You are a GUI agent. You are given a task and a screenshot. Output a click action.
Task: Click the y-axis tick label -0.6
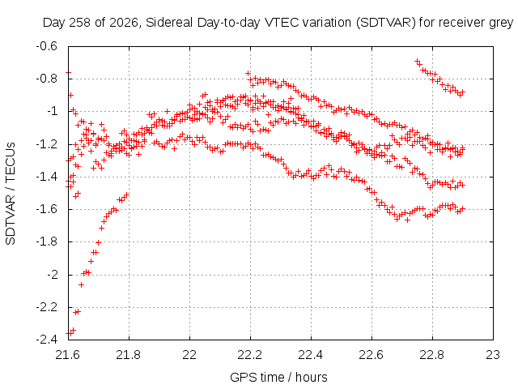47,46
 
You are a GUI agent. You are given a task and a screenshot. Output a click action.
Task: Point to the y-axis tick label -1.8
47,242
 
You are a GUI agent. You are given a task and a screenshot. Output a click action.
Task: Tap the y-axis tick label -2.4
47,340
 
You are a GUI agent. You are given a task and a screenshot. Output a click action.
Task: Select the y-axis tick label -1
52,111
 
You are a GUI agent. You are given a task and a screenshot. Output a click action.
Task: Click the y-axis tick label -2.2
47,307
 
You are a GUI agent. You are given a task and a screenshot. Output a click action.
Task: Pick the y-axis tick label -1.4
47,177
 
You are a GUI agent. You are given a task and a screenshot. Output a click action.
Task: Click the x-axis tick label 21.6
68,355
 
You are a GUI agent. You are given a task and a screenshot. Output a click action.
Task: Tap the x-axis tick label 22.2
250,355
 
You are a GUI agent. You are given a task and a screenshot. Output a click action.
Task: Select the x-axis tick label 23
493,355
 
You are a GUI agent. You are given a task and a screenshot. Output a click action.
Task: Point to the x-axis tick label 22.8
432,355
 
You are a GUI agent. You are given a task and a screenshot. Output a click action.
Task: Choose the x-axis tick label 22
189,355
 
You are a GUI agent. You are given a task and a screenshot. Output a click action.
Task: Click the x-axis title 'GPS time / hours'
278,377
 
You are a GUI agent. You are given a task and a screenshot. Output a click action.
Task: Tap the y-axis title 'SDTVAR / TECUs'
11,194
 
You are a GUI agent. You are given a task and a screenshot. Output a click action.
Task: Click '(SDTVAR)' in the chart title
385,23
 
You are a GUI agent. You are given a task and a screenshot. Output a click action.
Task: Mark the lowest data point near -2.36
68,333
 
